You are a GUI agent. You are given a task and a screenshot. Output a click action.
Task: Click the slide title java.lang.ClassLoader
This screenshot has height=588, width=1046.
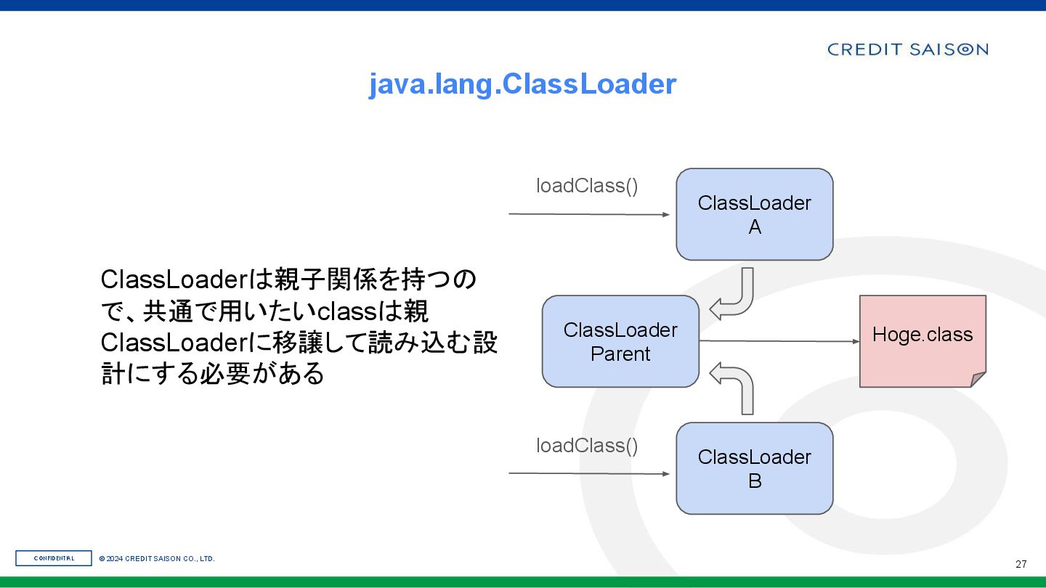pyautogui.click(x=522, y=84)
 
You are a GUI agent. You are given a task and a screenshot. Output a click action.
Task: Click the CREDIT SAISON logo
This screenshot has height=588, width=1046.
pyautogui.click(x=907, y=49)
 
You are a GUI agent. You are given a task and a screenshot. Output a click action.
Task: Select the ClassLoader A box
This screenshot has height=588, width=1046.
pyautogui.click(x=754, y=214)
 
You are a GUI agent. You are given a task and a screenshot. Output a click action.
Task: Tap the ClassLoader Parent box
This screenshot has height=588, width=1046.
pyautogui.click(x=620, y=341)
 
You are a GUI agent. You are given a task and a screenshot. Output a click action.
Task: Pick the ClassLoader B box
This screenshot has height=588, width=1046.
pyautogui.click(x=754, y=468)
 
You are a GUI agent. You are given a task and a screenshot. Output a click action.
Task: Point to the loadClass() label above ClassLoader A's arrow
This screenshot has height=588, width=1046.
pyautogui.click(x=587, y=186)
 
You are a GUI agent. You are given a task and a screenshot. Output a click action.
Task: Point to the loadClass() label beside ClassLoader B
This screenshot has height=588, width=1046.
pyautogui.click(x=587, y=446)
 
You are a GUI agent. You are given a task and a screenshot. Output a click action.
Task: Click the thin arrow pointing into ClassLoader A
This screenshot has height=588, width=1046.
pyautogui.click(x=588, y=214)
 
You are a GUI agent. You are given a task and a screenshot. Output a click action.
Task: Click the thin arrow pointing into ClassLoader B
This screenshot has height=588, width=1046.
pyautogui.click(x=588, y=473)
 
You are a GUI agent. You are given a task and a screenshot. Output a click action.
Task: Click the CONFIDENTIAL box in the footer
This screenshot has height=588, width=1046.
pyautogui.click(x=54, y=558)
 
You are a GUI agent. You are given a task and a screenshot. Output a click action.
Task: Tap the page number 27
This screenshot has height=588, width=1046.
pyautogui.click(x=1021, y=564)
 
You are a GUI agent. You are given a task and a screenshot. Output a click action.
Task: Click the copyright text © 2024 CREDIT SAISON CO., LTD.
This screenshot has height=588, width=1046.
pyautogui.click(x=157, y=559)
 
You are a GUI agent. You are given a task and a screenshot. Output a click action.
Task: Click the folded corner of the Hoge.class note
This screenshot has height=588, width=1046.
pyautogui.click(x=978, y=379)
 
